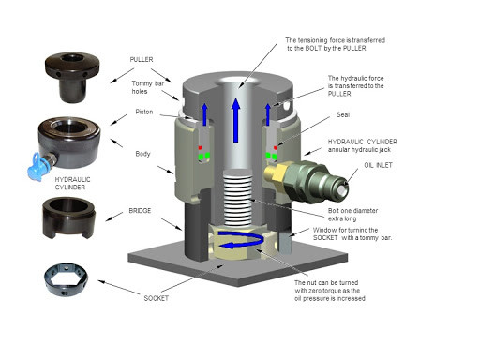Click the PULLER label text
click(x=142, y=59)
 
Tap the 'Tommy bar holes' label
click(x=147, y=87)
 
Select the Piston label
click(x=144, y=112)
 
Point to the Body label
click(x=142, y=154)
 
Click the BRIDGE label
click(x=140, y=211)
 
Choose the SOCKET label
click(x=157, y=298)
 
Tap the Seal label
click(x=343, y=114)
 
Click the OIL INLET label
click(x=378, y=165)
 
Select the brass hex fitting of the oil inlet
click(x=275, y=172)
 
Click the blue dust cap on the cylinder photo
click(x=36, y=167)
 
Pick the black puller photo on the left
click(x=72, y=77)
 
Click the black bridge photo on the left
click(x=69, y=217)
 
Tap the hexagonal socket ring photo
click(x=66, y=279)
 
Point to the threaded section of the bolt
click(x=238, y=198)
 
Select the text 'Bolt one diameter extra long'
click(x=352, y=215)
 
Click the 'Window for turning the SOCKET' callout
click(x=352, y=233)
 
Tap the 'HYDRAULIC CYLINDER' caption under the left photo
click(x=72, y=183)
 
